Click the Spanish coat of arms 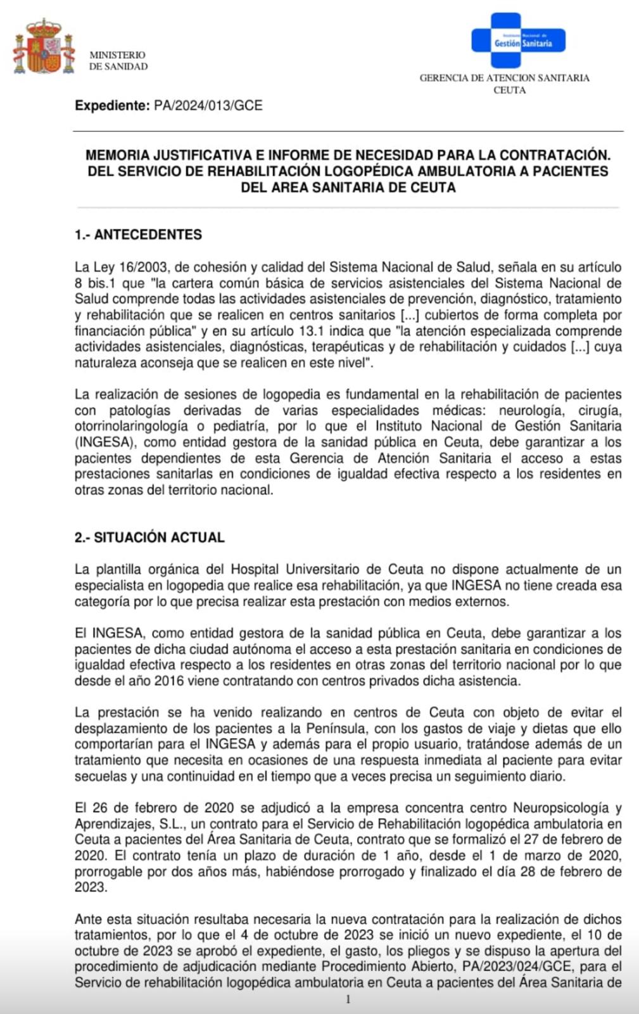(44, 47)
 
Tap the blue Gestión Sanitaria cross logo (517, 41)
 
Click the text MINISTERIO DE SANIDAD (118, 61)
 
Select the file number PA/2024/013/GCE (208, 106)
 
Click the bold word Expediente (111, 106)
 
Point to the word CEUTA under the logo (509, 90)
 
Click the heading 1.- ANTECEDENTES (138, 234)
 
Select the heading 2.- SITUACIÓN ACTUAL (149, 537)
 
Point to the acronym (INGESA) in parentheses (101, 442)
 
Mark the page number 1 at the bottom (348, 999)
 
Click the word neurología (531, 411)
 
